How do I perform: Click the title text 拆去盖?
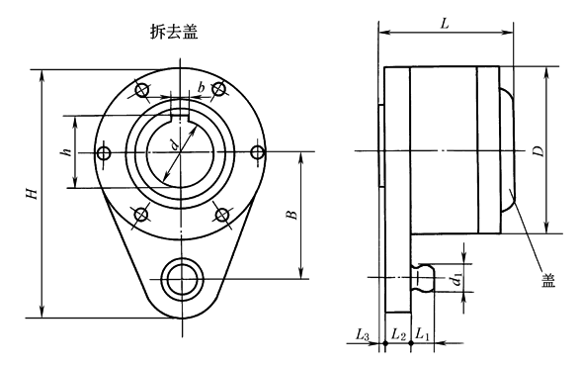coord(174,31)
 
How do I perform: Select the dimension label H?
coord(33,193)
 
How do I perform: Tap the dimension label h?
coord(67,151)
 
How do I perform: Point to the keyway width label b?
coord(201,88)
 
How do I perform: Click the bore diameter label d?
coord(175,144)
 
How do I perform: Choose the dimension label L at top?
coord(445,24)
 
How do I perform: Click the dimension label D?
coord(539,151)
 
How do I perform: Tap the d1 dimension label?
coord(457,279)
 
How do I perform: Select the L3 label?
coord(363,335)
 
